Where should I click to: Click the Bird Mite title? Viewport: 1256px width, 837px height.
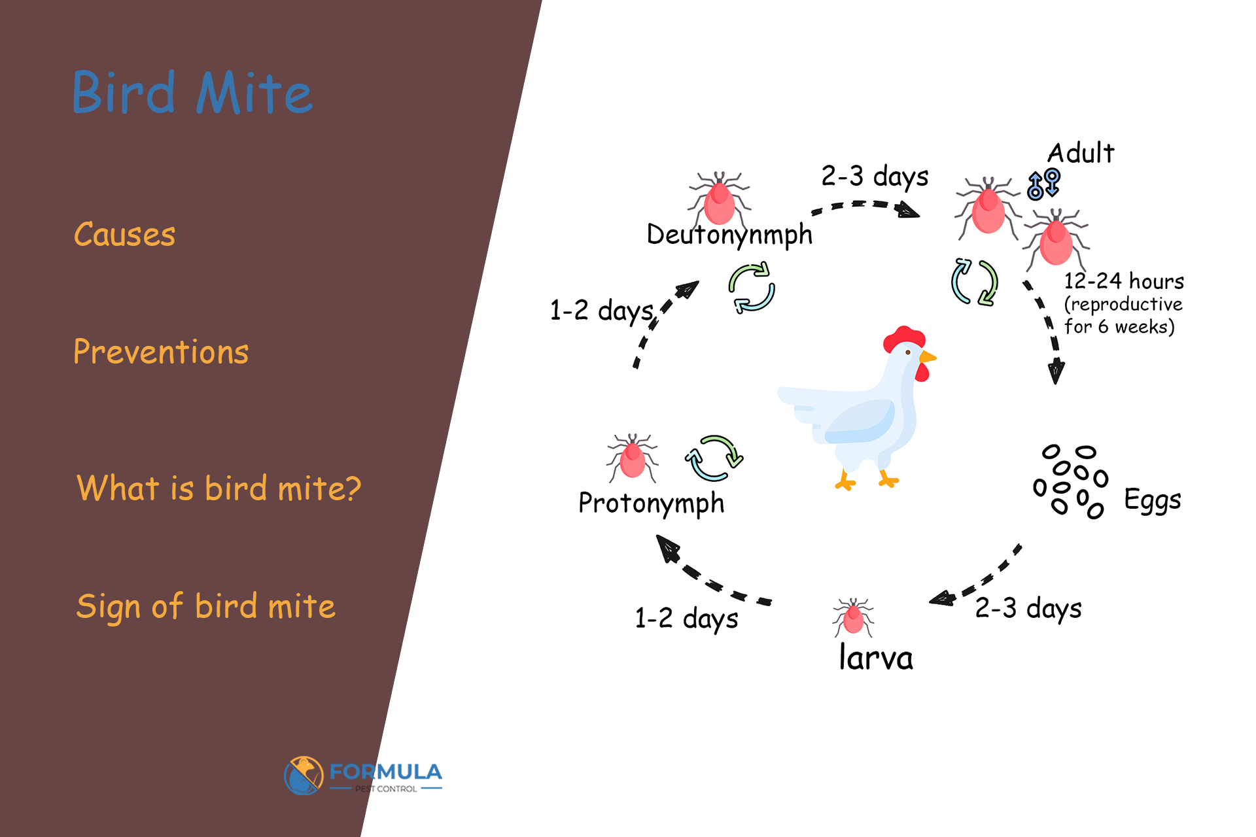(192, 93)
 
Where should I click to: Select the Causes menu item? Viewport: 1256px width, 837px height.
(124, 234)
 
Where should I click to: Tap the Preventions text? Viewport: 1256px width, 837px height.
(161, 352)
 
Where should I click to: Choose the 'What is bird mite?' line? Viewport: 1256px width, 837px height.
(218, 488)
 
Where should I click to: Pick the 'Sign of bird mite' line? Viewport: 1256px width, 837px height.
(205, 606)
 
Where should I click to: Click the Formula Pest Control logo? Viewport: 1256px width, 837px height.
(364, 776)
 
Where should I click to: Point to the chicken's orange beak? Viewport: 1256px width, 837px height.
(928, 357)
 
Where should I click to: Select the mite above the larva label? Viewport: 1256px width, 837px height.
(853, 617)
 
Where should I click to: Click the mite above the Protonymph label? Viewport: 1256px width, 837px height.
(632, 457)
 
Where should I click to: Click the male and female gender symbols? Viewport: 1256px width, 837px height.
(1043, 184)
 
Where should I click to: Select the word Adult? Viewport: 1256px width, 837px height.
(1081, 153)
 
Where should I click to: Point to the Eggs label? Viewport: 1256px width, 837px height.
(1153, 500)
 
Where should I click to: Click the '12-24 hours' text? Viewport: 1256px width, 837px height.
(1124, 281)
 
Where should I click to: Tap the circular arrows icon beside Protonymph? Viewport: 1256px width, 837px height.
(714, 458)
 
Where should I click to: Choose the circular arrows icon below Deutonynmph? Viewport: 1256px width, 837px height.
(752, 288)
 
